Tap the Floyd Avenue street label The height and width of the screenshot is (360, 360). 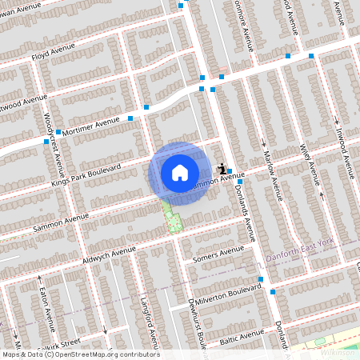coord(53,52)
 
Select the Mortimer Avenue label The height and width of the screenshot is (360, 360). coord(95,128)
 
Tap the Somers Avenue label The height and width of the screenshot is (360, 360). coord(218,254)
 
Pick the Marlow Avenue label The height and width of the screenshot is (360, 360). coord(274,170)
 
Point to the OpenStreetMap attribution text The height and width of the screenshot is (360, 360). coord(80,354)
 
